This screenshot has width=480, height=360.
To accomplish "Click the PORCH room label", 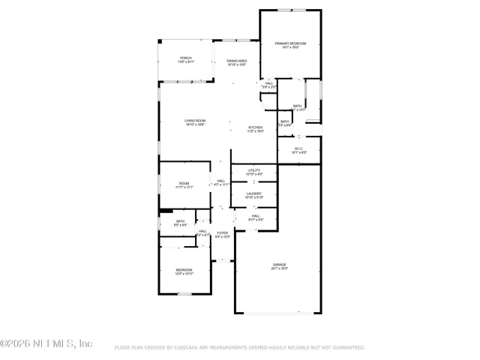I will (x=185, y=58).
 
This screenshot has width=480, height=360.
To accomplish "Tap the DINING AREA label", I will (x=237, y=61).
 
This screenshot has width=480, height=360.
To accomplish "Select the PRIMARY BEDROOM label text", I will (x=289, y=44).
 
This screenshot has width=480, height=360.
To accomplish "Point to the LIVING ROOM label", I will (x=195, y=121).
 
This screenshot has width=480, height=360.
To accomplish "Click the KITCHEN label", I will (x=256, y=127).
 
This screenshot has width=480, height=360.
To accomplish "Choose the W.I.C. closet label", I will (x=298, y=148).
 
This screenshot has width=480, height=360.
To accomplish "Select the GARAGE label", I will (x=280, y=264).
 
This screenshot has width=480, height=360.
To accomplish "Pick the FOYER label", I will (x=223, y=233).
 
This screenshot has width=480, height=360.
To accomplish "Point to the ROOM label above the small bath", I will (x=184, y=184).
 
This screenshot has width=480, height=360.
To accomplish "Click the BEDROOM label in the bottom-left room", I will (x=184, y=270).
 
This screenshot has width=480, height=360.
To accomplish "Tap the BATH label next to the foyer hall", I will (x=181, y=221).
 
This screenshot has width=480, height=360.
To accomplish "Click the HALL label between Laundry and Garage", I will (x=255, y=215).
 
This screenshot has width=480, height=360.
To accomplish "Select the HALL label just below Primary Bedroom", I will (x=268, y=83).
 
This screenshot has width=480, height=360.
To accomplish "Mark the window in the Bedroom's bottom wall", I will (x=184, y=294).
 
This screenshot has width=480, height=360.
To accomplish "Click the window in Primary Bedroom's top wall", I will (x=292, y=10).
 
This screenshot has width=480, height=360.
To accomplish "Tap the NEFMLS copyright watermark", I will (x=46, y=343).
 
